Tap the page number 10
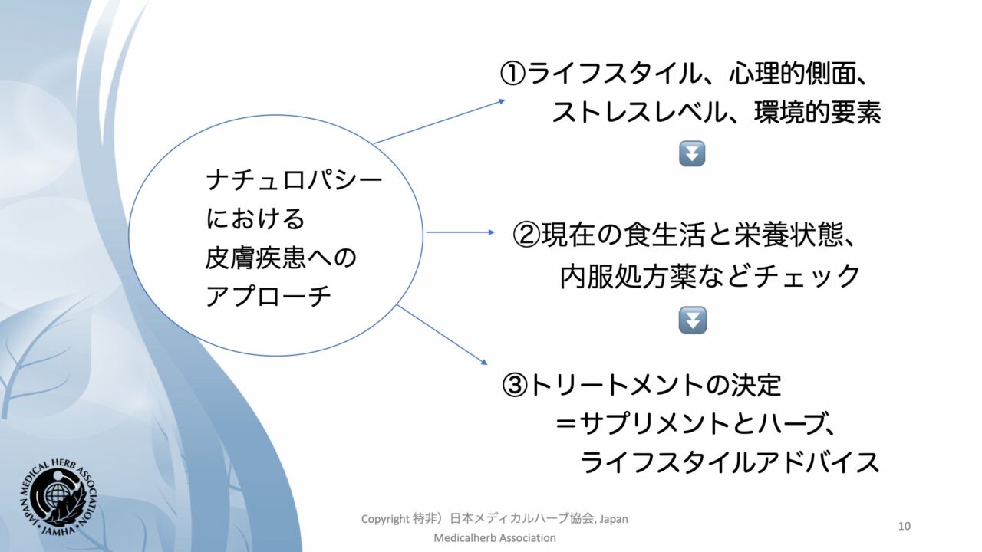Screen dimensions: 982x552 pyautogui.click(x=904, y=526)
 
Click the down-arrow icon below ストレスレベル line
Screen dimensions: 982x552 pyautogui.click(x=692, y=153)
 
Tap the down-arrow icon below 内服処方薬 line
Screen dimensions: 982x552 pyautogui.click(x=692, y=320)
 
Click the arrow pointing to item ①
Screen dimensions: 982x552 pyautogui.click(x=440, y=122)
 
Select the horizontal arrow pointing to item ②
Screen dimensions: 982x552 pyautogui.click(x=460, y=232)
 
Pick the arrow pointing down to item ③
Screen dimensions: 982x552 pyautogui.click(x=442, y=335)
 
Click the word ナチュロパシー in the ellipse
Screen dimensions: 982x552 pyautogui.click(x=294, y=180)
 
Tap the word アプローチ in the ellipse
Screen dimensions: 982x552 pyautogui.click(x=269, y=296)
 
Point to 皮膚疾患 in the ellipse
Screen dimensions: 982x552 pyautogui.click(x=255, y=258)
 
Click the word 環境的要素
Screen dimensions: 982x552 pyautogui.click(x=818, y=113)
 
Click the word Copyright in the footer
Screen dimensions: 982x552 pyautogui.click(x=385, y=520)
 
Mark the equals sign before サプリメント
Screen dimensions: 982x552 pyautogui.click(x=565, y=424)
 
